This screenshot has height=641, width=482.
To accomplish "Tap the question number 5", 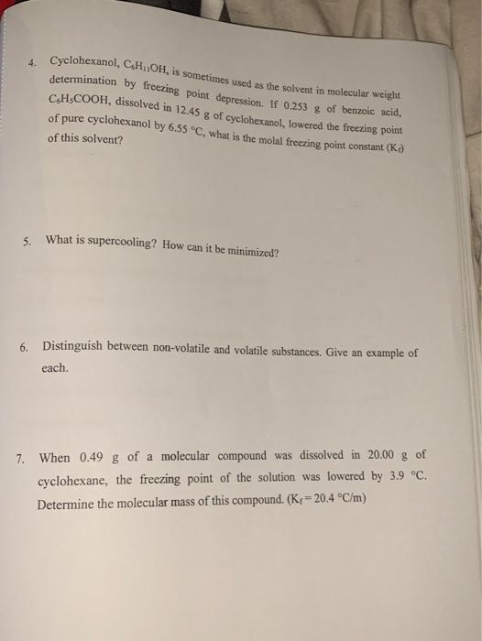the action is point(29,243).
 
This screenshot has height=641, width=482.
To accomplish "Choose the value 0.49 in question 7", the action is point(96,455).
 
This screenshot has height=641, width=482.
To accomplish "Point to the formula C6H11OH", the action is point(139,65).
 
